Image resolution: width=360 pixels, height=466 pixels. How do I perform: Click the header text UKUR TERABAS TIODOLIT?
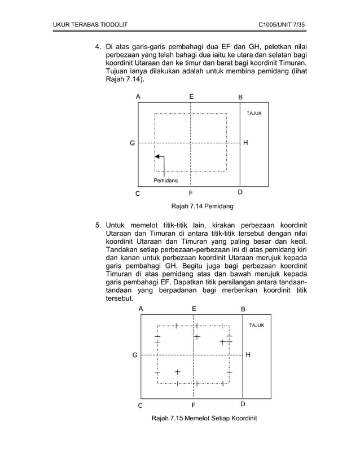click(90, 25)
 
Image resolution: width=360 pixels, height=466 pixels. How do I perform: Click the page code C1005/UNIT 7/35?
click(280, 25)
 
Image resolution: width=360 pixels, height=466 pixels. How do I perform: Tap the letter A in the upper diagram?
click(138, 97)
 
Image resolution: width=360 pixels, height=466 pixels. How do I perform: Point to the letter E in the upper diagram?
click(191, 97)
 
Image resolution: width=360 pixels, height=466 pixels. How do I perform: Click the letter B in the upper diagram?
click(240, 98)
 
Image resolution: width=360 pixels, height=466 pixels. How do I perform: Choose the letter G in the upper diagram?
click(132, 143)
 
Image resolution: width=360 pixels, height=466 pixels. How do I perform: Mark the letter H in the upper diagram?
click(245, 143)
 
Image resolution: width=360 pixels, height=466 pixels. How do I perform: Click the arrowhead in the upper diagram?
click(158, 156)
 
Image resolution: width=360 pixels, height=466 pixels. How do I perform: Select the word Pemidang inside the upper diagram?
click(165, 181)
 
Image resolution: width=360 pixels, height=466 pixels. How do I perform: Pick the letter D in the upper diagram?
click(240, 192)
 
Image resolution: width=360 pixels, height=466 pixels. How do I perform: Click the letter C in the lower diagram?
click(141, 405)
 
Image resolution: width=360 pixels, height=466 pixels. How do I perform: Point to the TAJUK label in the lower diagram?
click(257, 326)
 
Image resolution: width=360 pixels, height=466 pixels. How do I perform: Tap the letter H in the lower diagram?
click(248, 355)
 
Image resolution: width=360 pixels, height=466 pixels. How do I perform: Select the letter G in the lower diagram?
click(135, 355)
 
